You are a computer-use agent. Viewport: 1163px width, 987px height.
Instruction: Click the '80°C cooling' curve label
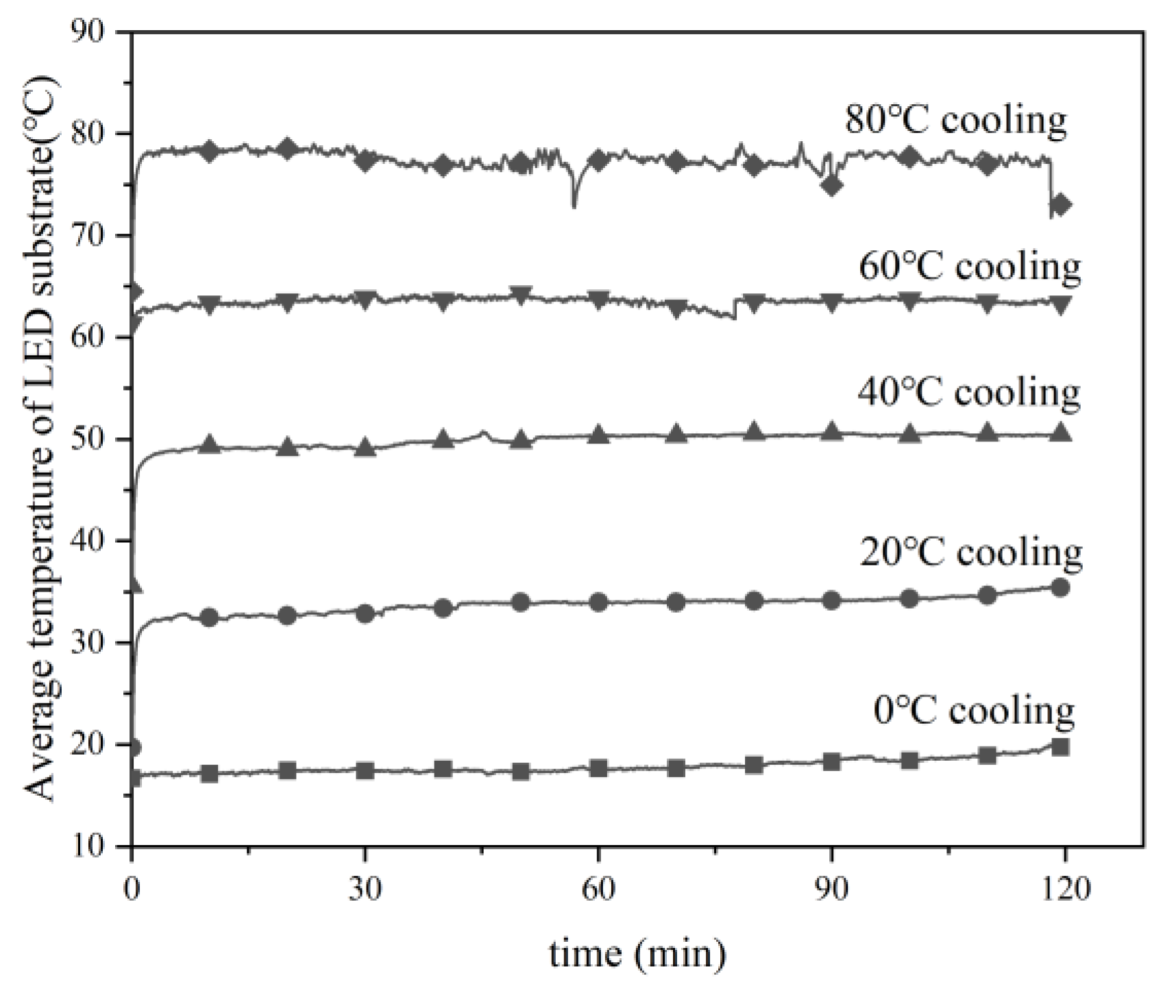click(x=955, y=121)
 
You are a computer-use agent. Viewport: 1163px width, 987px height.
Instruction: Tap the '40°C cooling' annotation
click(x=968, y=393)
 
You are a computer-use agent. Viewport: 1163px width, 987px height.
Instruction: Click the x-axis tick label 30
click(x=365, y=889)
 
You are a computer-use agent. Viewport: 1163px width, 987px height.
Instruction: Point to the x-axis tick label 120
click(x=1064, y=889)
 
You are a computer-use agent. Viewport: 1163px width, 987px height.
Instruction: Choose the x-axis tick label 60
click(x=598, y=889)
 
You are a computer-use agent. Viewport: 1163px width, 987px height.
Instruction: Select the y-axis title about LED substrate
click(x=42, y=439)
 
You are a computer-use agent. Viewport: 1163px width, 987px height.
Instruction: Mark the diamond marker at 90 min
click(x=832, y=185)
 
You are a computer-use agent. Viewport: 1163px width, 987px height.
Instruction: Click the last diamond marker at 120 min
click(x=1061, y=204)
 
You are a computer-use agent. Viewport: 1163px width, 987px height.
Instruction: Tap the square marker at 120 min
click(x=1060, y=747)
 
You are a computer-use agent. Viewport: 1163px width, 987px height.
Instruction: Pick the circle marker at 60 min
click(x=598, y=602)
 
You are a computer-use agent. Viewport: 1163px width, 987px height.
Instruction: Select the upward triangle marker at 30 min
click(x=365, y=448)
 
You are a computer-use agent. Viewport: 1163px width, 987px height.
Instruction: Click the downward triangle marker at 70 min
click(x=677, y=308)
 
